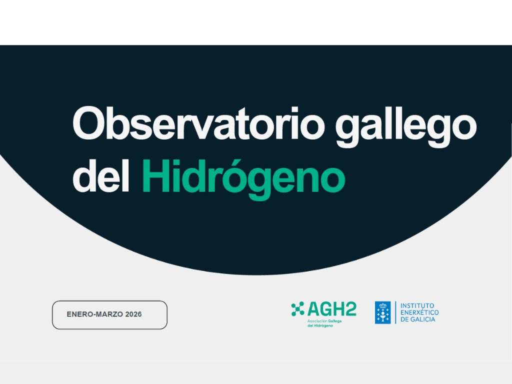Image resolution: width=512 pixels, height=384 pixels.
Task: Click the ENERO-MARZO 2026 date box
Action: coord(109,315)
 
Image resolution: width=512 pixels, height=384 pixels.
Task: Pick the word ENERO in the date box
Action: coord(78,314)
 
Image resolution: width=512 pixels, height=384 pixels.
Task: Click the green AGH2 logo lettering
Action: coord(332,309)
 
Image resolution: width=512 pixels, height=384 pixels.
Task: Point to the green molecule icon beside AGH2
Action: coord(297,309)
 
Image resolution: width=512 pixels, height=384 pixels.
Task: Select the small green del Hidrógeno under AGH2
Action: coord(320,325)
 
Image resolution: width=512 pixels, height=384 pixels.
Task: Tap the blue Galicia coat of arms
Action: coord(382,312)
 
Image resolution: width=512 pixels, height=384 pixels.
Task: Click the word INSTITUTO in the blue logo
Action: coord(417,305)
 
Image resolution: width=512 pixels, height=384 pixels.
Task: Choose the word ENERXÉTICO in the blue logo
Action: coord(419,312)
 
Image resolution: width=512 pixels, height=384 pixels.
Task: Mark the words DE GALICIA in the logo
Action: coord(417,319)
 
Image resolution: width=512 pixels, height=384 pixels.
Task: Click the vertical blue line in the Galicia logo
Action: coord(395,312)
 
